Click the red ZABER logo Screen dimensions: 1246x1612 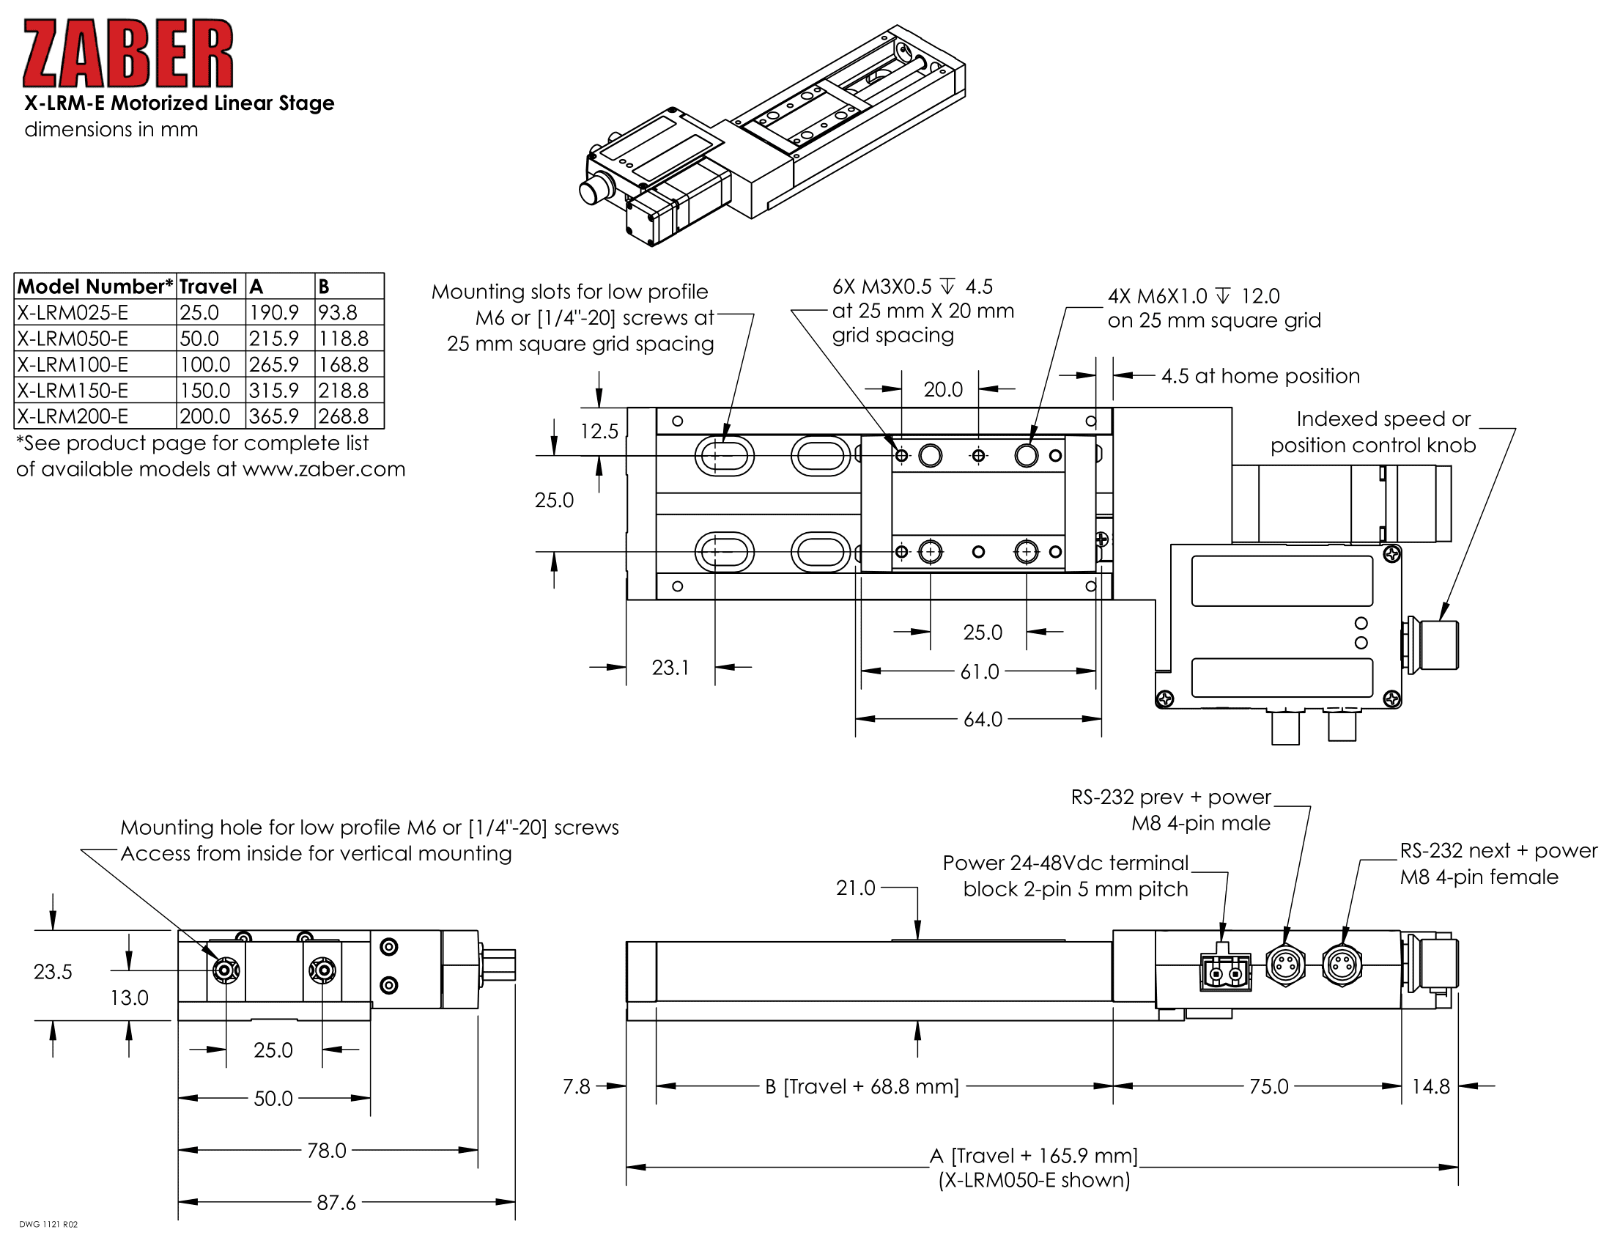[127, 54]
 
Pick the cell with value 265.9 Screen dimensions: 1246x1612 [274, 365]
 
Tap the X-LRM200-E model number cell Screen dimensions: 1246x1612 [73, 416]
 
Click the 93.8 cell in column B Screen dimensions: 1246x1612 [338, 313]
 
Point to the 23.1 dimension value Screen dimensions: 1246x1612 [670, 668]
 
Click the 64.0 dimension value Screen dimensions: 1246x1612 [983, 720]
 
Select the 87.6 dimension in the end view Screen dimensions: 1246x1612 [336, 1203]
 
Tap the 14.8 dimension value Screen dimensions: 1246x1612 [1430, 1086]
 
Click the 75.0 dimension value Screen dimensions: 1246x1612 [1269, 1086]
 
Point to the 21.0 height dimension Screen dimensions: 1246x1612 [855, 888]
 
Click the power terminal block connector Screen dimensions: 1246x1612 [1225, 972]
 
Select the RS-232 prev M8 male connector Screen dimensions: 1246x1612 [1286, 965]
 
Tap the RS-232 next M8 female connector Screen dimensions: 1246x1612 [1341, 965]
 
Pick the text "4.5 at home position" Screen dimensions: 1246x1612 [1260, 377]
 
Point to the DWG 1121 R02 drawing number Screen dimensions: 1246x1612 [48, 1225]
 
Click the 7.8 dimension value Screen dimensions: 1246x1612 [576, 1086]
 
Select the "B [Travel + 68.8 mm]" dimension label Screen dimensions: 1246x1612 [862, 1086]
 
